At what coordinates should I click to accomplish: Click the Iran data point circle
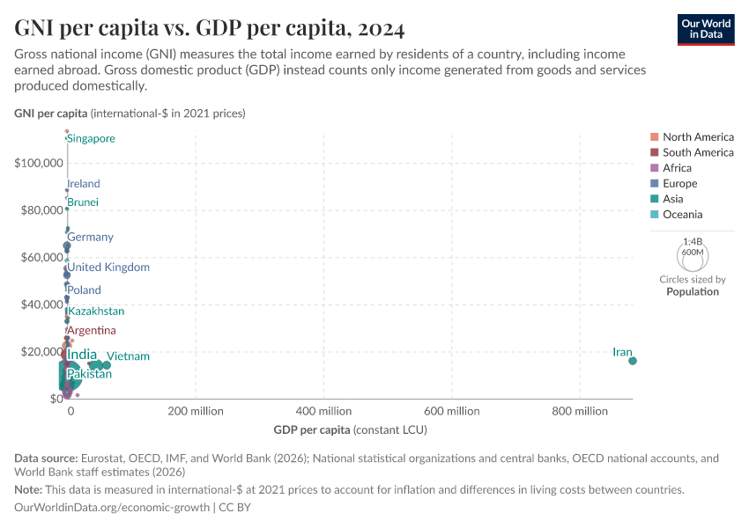coord(633,361)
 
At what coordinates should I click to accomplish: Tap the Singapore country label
coord(91,139)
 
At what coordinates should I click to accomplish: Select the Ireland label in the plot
coord(84,184)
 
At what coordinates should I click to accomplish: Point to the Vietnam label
coord(128,356)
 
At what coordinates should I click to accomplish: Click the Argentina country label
coord(92,331)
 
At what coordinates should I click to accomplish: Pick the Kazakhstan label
coord(96,312)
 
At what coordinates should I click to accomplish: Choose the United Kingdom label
coord(108,268)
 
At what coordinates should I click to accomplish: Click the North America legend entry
coord(698,136)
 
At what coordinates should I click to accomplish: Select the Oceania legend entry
coord(683,215)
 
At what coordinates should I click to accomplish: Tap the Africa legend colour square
coord(654,168)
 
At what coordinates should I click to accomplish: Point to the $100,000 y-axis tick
coord(38,163)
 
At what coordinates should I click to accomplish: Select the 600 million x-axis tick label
coord(451,411)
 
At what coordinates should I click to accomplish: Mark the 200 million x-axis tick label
coord(196,411)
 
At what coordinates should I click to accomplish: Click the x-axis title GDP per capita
coord(312,429)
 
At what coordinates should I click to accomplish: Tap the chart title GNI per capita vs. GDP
coord(210,29)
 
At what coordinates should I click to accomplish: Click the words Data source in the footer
coord(46,458)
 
